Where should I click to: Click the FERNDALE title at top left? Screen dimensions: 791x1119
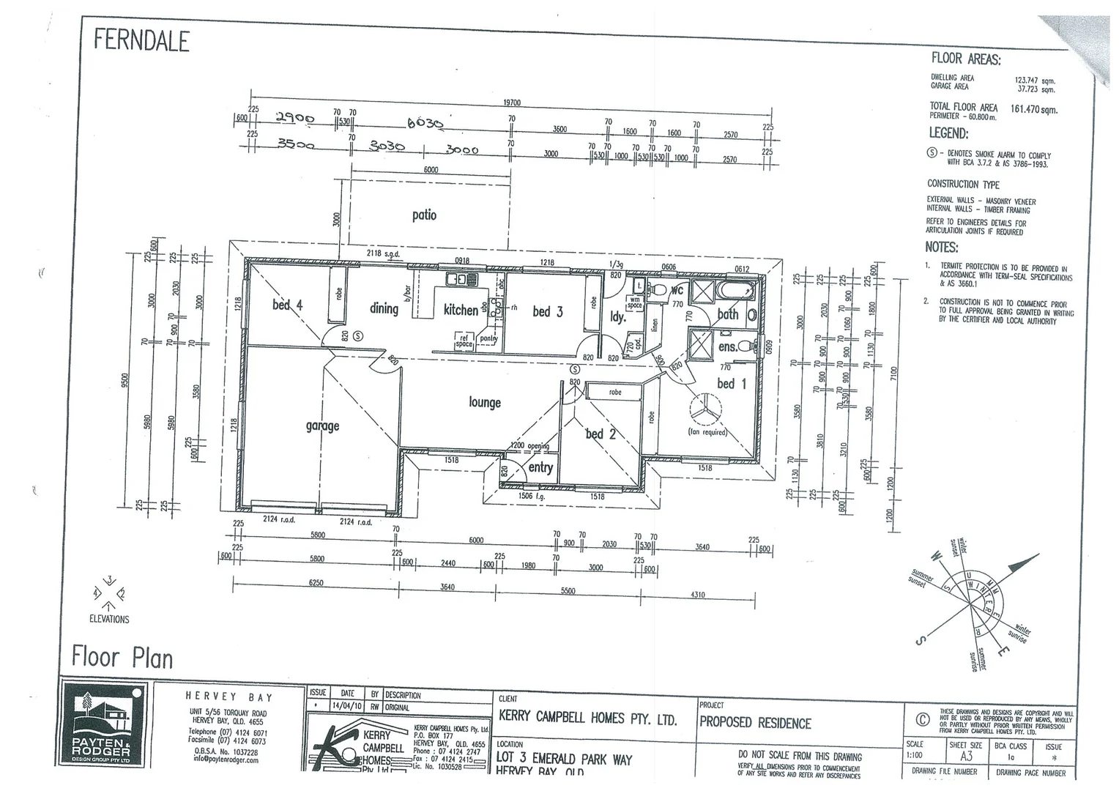141,40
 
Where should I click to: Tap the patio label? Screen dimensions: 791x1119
424,215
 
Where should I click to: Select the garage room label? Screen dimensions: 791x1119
322,426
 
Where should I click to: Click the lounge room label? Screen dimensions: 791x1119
485,402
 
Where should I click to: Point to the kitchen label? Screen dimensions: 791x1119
461,310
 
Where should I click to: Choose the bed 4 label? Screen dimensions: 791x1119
287,305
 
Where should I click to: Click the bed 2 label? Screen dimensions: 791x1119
601,434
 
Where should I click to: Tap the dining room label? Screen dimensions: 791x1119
384,308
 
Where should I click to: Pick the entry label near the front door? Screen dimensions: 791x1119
540,467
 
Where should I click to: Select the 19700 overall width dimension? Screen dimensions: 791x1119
512,103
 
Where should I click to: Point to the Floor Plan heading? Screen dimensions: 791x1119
122,657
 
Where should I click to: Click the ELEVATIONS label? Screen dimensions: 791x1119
109,619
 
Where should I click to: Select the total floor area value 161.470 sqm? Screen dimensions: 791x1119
1033,110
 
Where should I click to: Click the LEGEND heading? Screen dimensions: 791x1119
948,133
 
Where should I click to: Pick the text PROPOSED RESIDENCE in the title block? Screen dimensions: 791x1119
755,723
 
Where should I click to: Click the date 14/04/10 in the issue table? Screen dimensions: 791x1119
347,708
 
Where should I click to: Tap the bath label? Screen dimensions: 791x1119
727,314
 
